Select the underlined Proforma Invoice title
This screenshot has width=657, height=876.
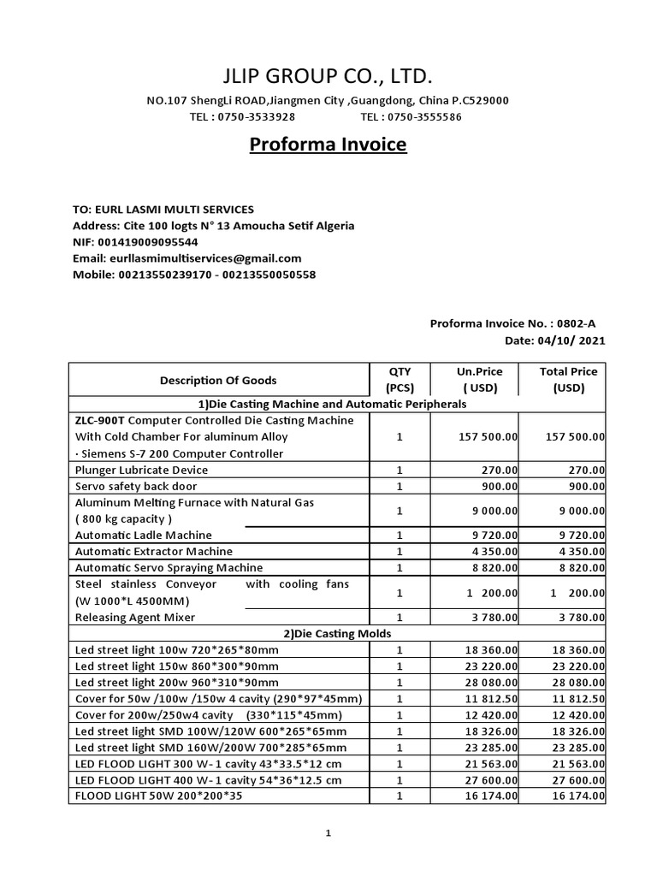[x=328, y=145]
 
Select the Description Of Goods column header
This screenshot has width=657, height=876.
[x=218, y=380]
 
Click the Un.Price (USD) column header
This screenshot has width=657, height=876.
[x=480, y=380]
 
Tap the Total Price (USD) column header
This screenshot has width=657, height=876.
[x=568, y=380]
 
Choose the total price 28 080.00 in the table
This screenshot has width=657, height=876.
[x=575, y=683]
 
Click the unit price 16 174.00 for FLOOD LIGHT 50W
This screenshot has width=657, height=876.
[x=488, y=796]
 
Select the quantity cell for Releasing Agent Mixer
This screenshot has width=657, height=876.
[x=400, y=617]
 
